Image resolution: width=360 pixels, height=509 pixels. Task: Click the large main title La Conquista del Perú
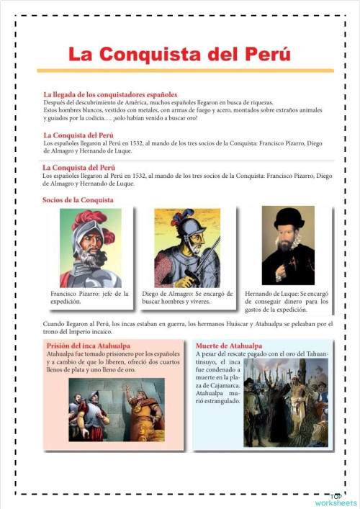179,55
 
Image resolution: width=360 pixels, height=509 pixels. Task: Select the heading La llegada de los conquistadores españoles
110,94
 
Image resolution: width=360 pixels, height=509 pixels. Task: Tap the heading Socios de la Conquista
78,199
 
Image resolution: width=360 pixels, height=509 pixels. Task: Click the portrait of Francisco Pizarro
90,248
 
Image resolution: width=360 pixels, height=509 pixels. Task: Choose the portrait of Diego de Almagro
187,248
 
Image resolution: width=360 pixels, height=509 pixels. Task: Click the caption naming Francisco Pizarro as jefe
89,297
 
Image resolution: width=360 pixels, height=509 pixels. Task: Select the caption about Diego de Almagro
188,297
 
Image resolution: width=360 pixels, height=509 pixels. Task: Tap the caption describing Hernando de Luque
287,302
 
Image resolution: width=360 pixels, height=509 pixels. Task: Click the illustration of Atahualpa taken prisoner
116,410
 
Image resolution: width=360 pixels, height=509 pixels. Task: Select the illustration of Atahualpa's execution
286,403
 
